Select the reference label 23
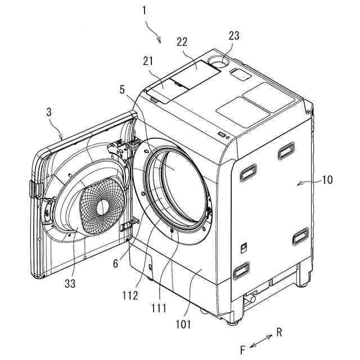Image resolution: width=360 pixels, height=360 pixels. (234, 35)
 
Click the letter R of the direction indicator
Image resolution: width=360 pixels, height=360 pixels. (279, 332)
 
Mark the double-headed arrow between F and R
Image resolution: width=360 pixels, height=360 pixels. (260, 341)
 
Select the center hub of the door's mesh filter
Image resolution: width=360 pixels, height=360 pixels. (102, 207)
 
